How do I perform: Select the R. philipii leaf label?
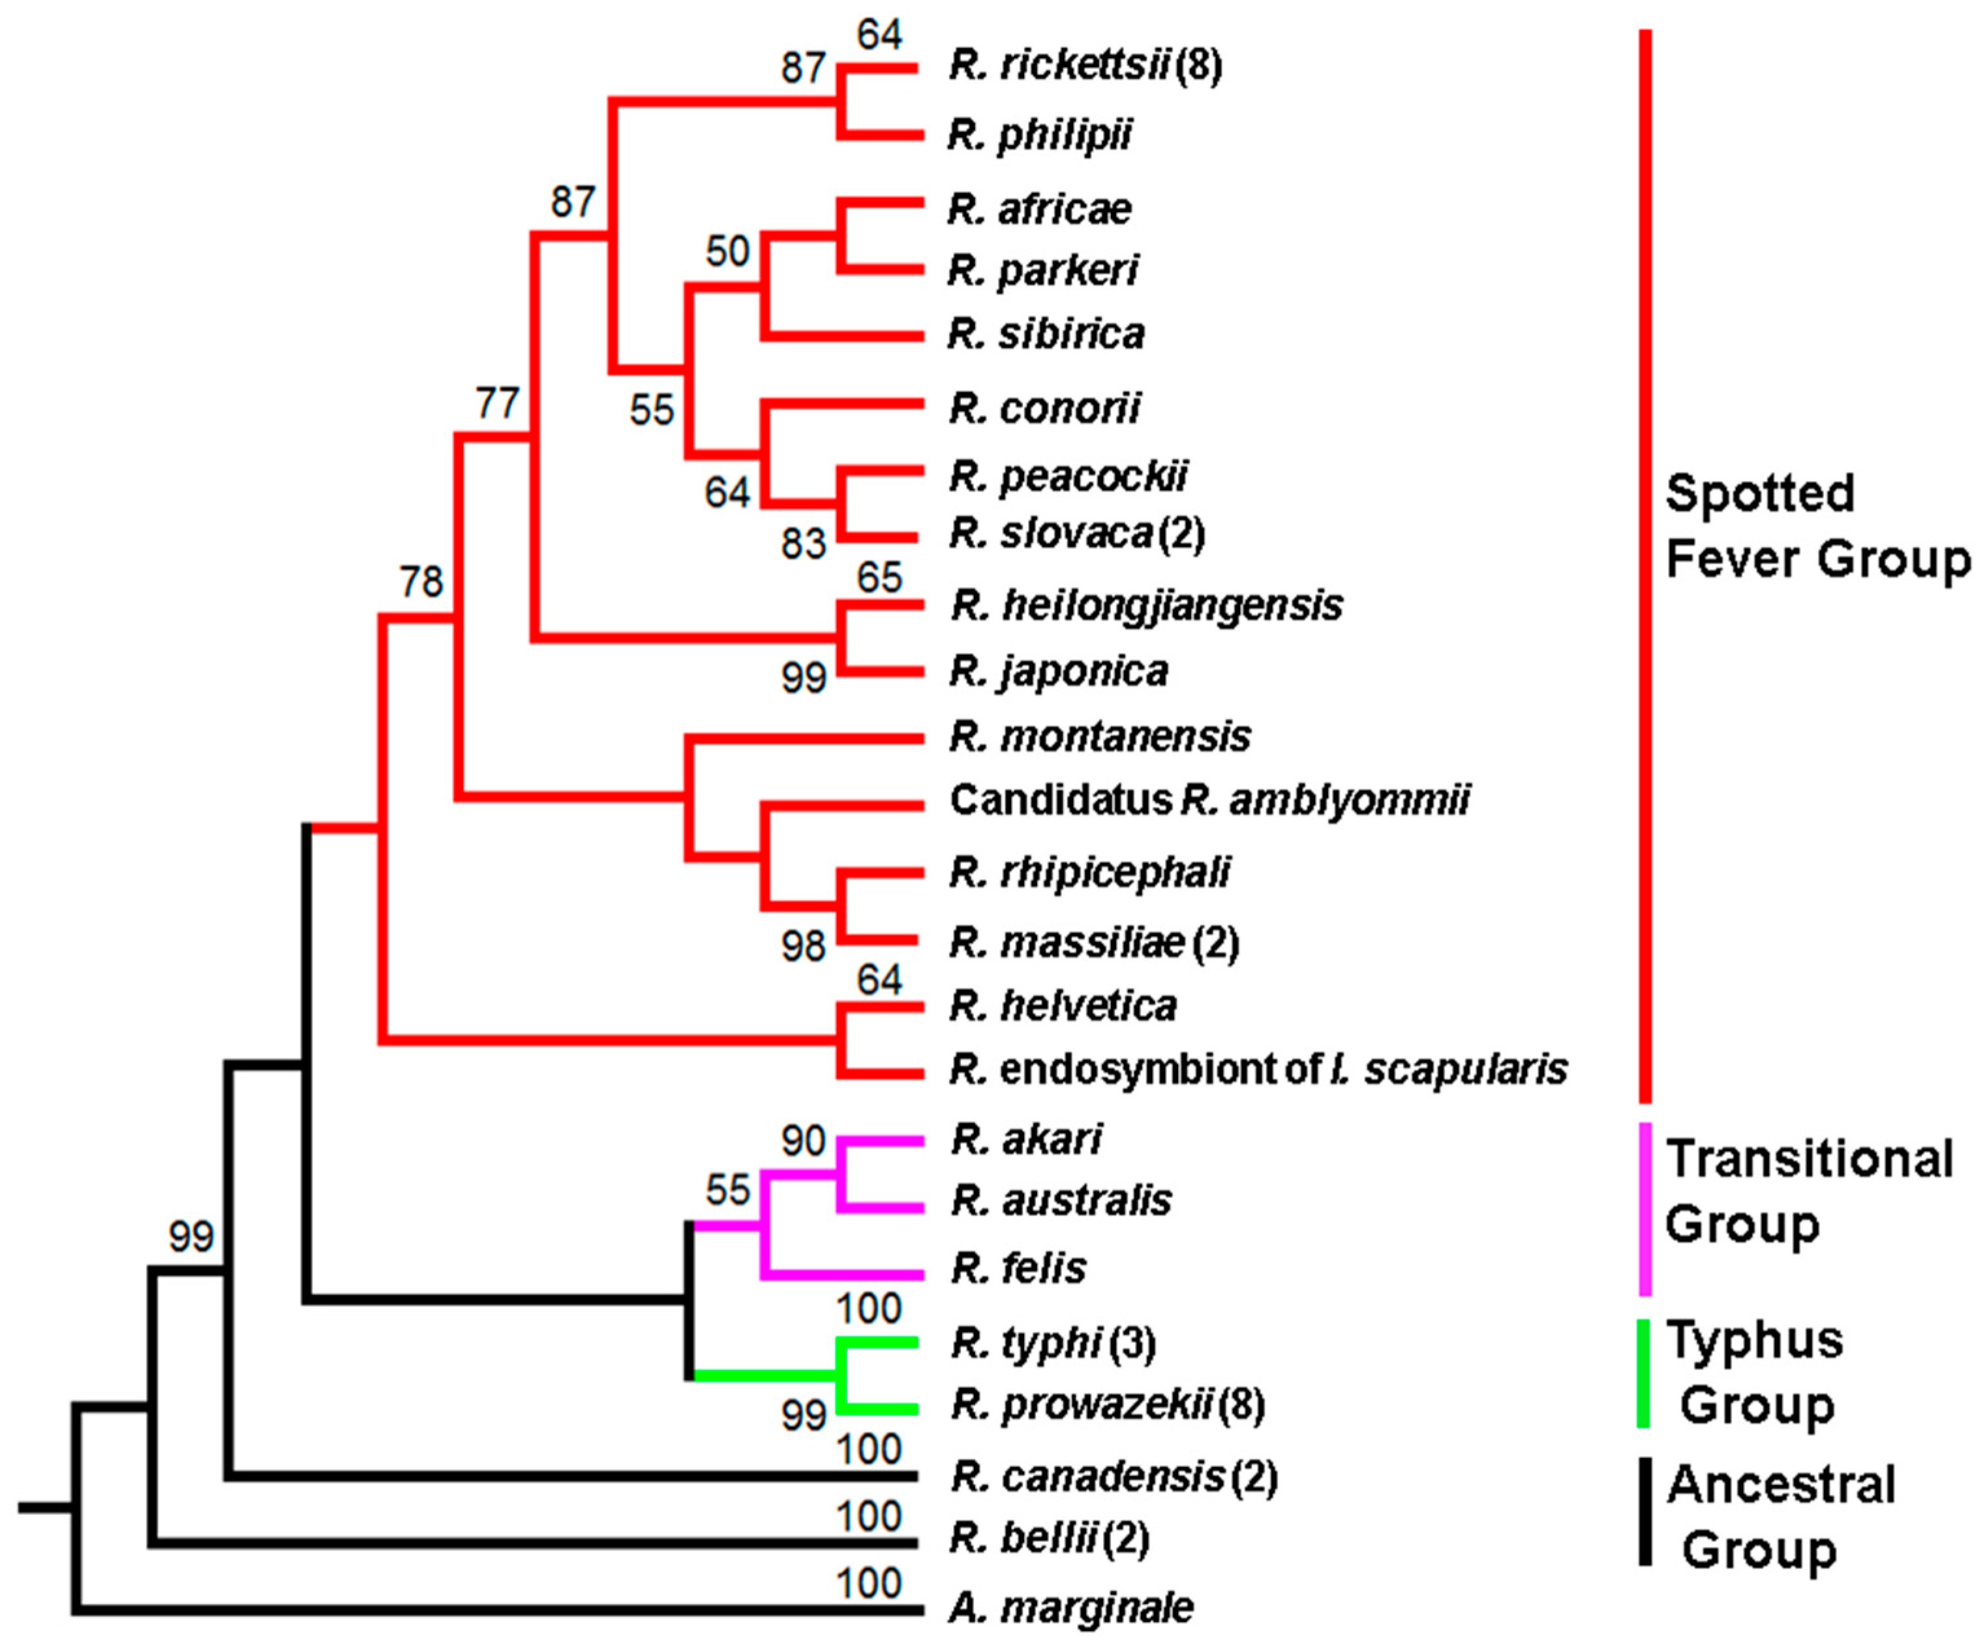coord(1040,135)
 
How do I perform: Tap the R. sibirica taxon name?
coord(1046,334)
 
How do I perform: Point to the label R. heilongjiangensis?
coord(1146,605)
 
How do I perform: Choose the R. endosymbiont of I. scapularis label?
coord(1258,1070)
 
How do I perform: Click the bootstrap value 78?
coord(421,582)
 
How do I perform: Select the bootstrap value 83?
coord(804,544)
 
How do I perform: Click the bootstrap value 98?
coord(804,947)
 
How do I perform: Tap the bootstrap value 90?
coord(804,1141)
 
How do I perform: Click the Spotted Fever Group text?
coord(1817,526)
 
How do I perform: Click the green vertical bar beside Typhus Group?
coord(1644,1373)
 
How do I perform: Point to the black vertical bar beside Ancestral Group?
coord(1645,1511)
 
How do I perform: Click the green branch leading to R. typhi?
coord(878,1342)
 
